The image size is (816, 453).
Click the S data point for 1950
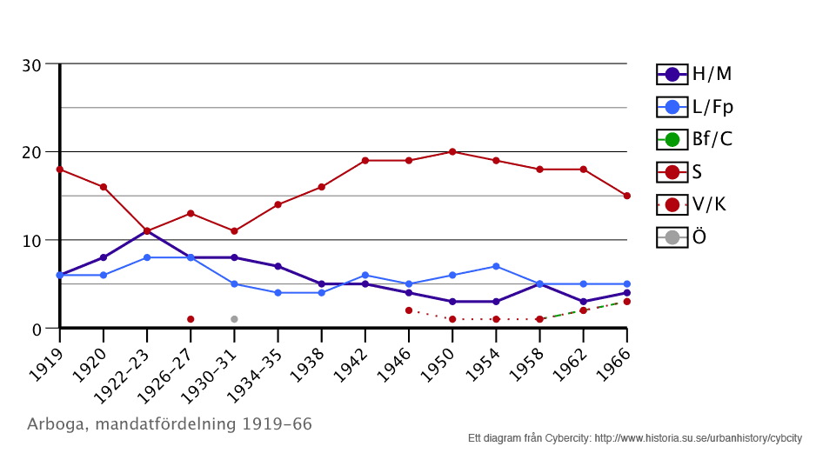[x=452, y=151]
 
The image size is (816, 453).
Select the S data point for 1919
[x=59, y=169]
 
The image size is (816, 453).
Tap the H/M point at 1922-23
[x=147, y=230]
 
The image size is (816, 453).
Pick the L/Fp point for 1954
[x=496, y=266]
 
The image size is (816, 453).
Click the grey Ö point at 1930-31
[x=234, y=319]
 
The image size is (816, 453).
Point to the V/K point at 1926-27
[x=191, y=319]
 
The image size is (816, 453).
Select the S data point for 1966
[x=626, y=196]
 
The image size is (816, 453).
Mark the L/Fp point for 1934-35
[x=278, y=293]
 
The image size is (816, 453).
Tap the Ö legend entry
[x=687, y=236]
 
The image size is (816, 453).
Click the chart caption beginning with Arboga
[x=170, y=424]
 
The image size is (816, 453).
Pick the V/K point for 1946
[x=409, y=310]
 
